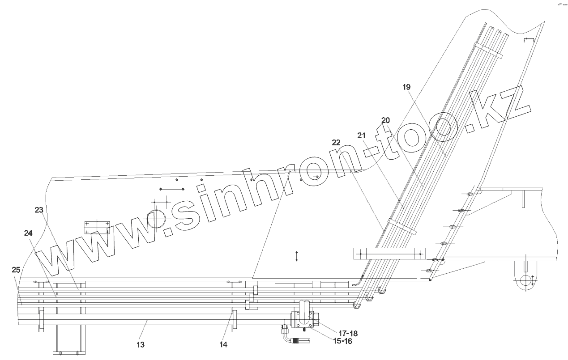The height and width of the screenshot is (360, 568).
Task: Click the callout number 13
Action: click(141, 345)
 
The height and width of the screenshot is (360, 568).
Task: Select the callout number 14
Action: click(223, 344)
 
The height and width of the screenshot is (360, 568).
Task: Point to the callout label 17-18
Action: click(348, 333)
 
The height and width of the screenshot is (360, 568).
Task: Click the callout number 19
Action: click(406, 87)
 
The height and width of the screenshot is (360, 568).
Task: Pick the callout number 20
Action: click(385, 120)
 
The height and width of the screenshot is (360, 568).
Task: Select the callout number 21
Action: click(362, 135)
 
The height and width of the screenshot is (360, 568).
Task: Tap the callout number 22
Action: click(336, 143)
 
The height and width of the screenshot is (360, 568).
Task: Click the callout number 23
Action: click(39, 209)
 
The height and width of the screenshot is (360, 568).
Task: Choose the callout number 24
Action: click(29, 233)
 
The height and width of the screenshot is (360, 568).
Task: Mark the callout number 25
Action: click(16, 270)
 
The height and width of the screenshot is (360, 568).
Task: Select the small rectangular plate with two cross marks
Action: click(97, 226)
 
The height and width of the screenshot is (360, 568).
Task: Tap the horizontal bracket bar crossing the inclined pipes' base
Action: click(389, 254)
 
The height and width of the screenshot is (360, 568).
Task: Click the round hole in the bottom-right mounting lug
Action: click(527, 282)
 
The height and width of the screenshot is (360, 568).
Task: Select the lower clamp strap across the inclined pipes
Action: click(402, 227)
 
